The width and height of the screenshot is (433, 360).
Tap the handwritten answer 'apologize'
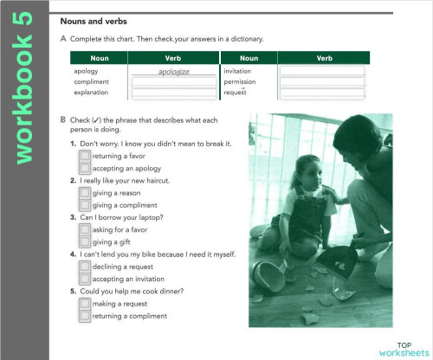pyautogui.click(x=174, y=71)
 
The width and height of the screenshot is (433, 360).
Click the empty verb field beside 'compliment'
pyautogui.click(x=174, y=81)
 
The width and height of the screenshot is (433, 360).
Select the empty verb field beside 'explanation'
pyautogui.click(x=174, y=92)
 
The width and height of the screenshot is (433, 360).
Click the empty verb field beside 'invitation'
pyautogui.click(x=322, y=71)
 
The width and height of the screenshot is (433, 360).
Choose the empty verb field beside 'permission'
pyautogui.click(x=322, y=81)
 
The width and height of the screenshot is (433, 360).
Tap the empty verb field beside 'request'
pyautogui.click(x=322, y=92)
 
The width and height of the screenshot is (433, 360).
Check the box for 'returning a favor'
pyautogui.click(x=84, y=156)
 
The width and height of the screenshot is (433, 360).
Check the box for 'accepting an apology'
pyautogui.click(x=84, y=168)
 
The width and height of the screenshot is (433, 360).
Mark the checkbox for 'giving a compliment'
pyautogui.click(x=84, y=205)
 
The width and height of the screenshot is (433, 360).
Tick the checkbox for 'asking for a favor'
pyautogui.click(x=84, y=230)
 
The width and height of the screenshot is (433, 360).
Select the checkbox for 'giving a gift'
pyautogui.click(x=84, y=242)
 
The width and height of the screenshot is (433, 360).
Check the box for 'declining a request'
pyautogui.click(x=84, y=267)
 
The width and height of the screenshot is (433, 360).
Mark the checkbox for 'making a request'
pyautogui.click(x=84, y=305)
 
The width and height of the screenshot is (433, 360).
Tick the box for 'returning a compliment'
pyautogui.click(x=84, y=317)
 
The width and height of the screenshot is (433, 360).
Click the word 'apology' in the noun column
pyautogui.click(x=86, y=71)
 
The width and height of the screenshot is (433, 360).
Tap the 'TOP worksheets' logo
pyautogui.click(x=404, y=348)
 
